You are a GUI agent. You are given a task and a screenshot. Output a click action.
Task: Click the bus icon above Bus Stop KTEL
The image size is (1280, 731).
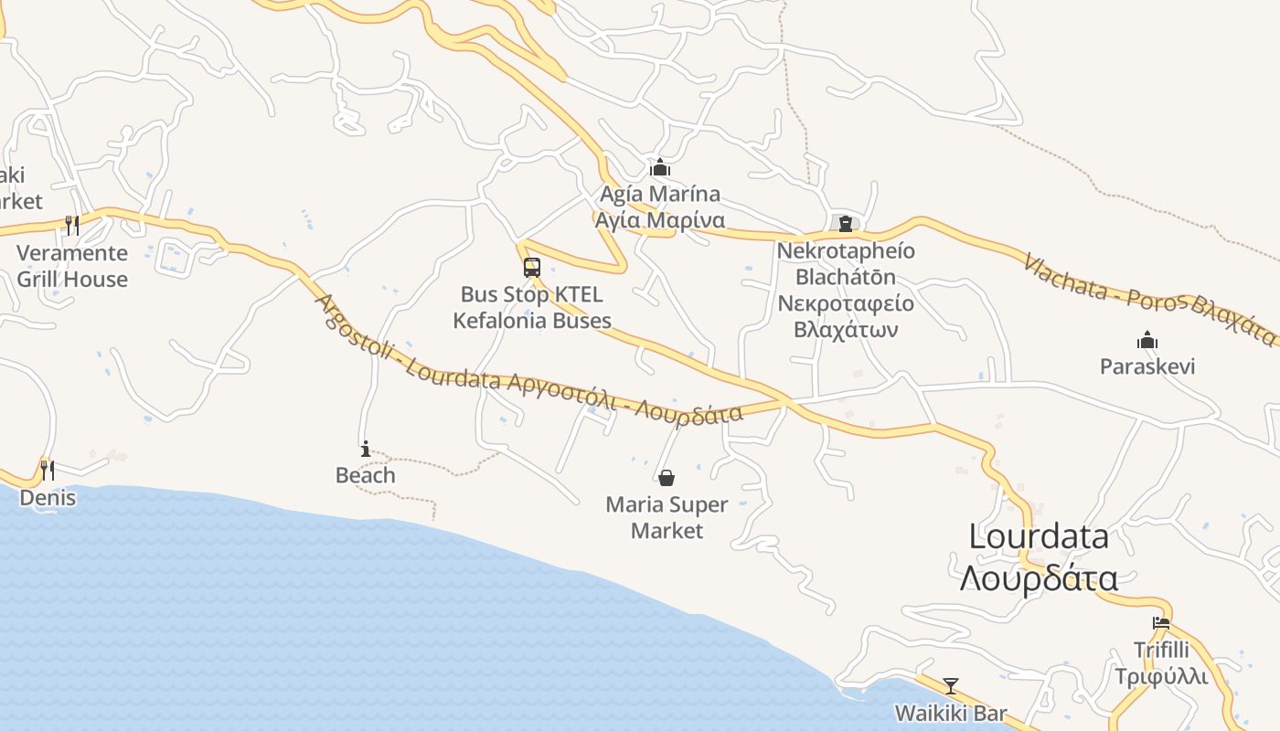point(531,268)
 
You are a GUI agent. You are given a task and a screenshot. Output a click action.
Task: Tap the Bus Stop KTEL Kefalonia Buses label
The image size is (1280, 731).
point(532,308)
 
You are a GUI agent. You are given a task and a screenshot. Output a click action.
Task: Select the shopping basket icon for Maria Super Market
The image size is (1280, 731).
point(667,478)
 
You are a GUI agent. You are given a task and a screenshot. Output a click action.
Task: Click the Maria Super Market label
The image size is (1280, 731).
point(667,517)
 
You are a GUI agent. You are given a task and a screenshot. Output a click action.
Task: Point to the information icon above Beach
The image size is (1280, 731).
point(366,449)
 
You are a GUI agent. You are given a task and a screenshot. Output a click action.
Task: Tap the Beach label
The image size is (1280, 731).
point(366,475)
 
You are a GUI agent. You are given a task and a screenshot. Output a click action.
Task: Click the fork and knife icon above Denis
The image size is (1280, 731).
point(47,470)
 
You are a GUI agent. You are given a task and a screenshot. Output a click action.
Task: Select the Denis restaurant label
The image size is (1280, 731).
point(48,498)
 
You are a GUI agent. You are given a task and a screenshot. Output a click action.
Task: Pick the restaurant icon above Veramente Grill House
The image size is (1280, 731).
point(71,225)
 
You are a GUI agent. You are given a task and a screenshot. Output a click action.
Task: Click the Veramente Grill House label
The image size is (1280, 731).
point(72,266)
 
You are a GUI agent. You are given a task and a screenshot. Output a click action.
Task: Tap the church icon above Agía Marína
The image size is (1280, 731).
point(660,167)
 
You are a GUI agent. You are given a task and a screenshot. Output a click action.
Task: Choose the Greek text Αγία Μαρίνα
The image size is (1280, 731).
point(660,220)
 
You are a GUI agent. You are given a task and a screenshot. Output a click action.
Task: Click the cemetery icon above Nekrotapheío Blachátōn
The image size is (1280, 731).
point(846,223)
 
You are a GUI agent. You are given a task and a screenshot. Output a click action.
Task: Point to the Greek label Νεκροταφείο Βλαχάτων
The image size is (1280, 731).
point(846,316)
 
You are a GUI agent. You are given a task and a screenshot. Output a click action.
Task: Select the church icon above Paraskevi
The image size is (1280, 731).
point(1147,341)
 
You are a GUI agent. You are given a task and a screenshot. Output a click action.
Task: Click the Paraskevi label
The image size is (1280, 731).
point(1147,366)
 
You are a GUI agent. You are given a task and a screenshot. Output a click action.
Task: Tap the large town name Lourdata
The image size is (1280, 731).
point(1039,536)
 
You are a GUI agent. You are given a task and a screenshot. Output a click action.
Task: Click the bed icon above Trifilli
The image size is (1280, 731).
point(1161,623)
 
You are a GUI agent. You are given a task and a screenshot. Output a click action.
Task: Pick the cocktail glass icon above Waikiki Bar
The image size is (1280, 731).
point(951,685)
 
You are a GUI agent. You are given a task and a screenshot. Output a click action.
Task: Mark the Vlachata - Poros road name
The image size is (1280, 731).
point(1106,277)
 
